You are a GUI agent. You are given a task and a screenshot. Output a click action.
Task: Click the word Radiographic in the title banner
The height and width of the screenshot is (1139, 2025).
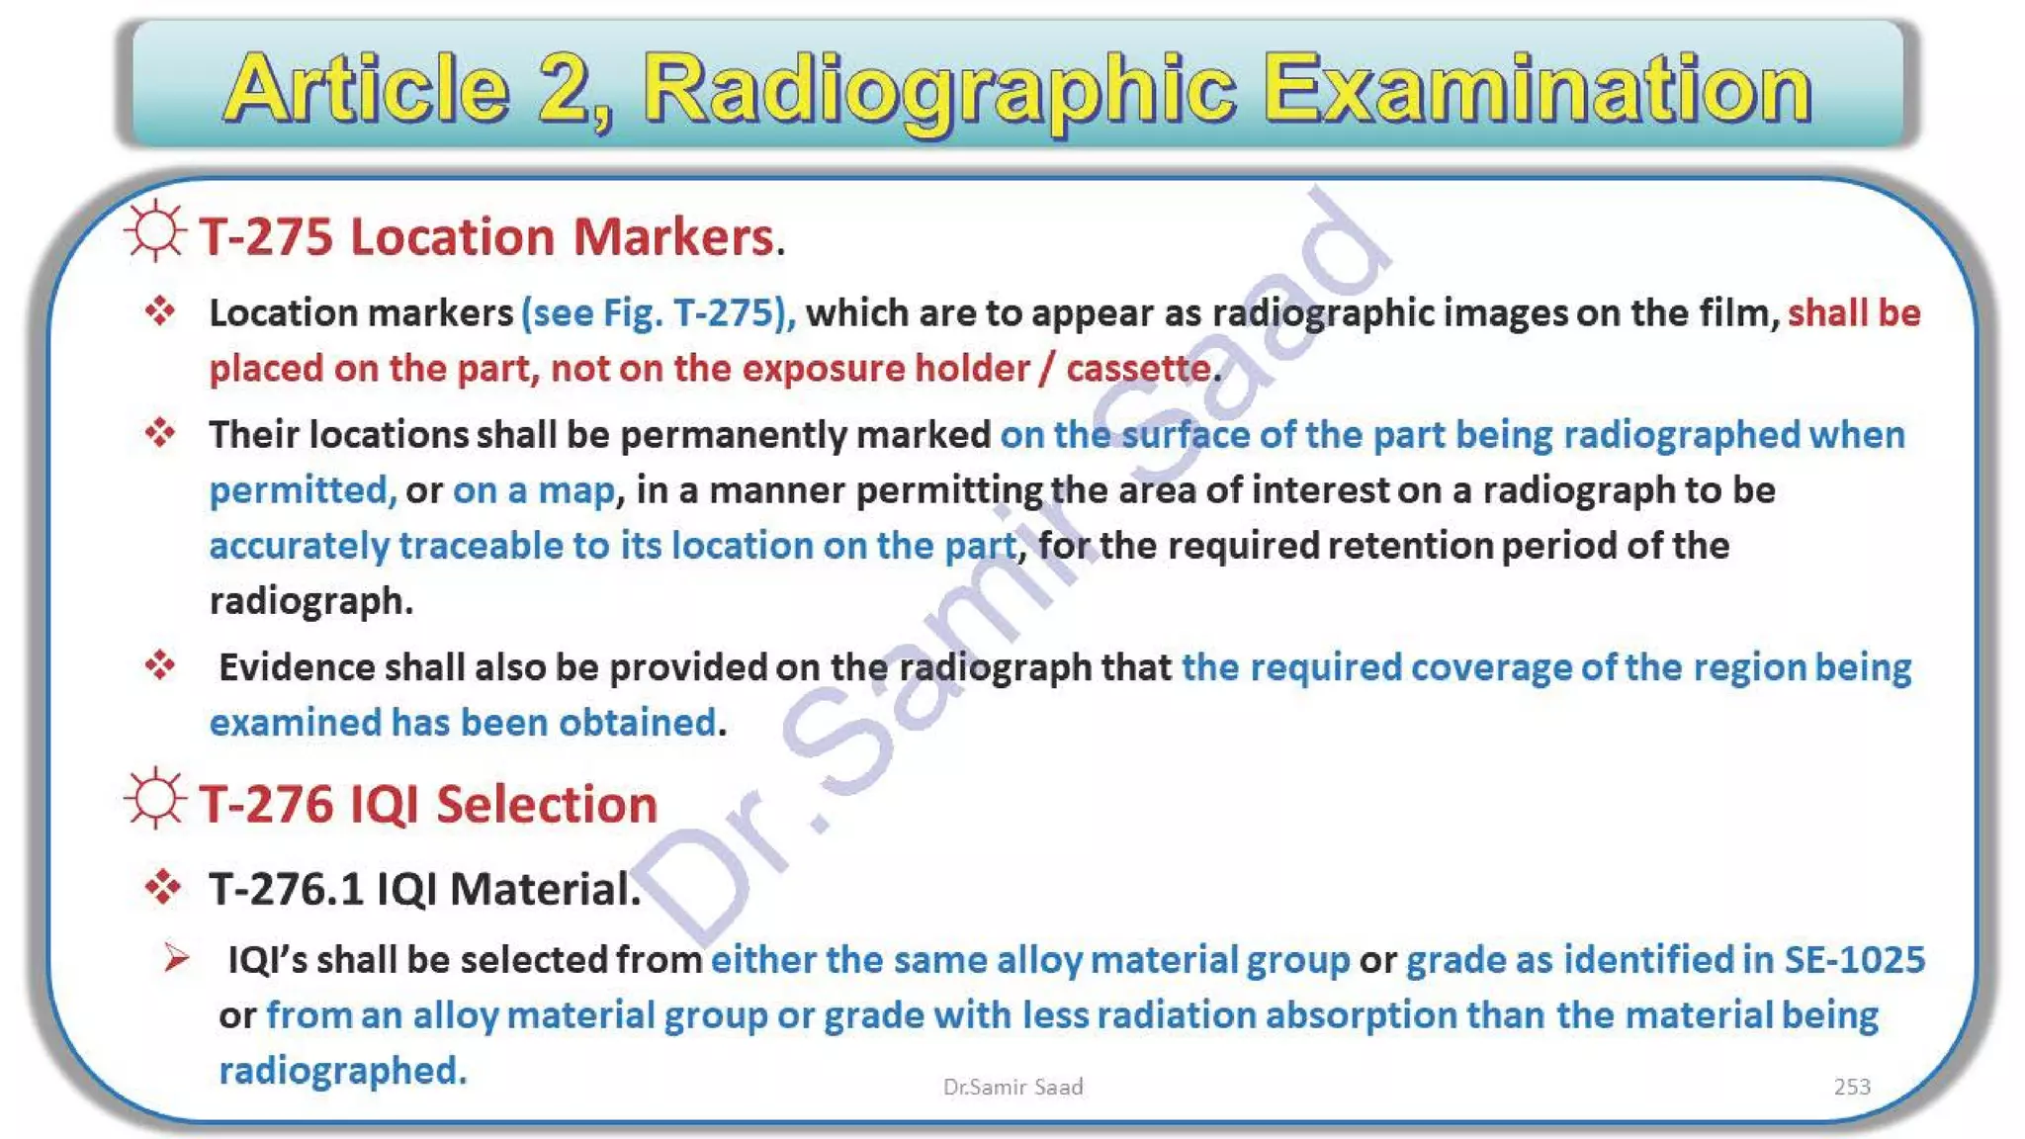coord(939,91)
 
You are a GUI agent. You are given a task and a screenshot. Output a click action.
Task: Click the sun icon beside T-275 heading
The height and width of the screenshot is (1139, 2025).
coord(155,232)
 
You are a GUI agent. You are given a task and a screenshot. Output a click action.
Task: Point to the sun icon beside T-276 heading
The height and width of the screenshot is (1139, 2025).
coord(155,799)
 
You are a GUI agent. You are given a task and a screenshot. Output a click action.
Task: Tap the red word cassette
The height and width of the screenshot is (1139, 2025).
coord(1138,369)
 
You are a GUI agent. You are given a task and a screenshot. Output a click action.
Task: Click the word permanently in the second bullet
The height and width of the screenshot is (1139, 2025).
coord(733,435)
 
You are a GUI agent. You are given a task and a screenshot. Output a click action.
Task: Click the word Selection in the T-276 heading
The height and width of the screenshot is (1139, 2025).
coord(547,804)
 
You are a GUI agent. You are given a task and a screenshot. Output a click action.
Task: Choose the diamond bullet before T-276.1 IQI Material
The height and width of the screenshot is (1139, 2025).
coord(162,887)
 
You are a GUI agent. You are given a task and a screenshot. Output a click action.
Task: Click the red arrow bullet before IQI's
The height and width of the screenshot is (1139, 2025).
coord(177,957)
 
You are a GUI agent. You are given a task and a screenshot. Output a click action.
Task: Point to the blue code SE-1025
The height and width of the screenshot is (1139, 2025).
coord(1854,960)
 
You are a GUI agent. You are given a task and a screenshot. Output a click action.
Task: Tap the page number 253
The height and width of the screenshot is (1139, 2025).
coord(1851,1087)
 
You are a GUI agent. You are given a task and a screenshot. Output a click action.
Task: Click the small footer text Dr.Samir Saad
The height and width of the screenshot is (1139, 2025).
coord(1012,1087)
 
